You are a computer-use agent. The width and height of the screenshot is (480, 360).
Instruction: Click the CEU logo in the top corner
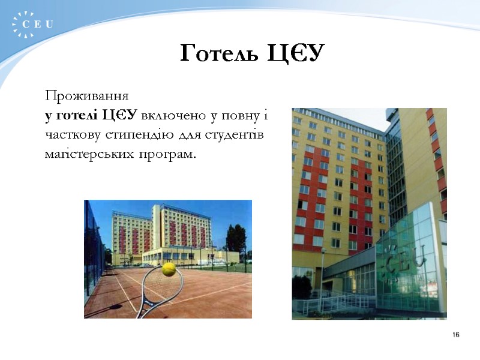click(x=33, y=25)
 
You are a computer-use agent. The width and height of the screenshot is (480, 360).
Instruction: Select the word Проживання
click(x=85, y=96)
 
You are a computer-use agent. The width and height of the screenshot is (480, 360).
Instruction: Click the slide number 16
click(x=456, y=334)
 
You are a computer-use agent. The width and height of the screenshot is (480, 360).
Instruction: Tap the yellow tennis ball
click(x=169, y=269)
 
